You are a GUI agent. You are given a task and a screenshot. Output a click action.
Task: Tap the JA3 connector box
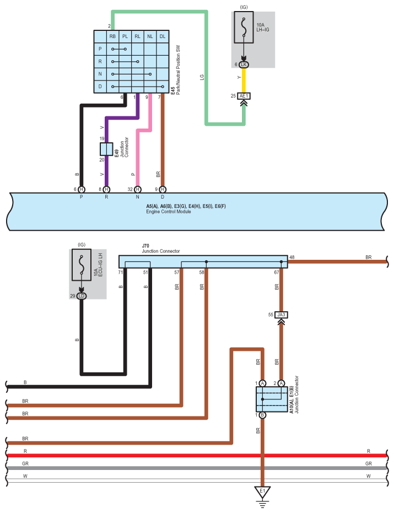[x=281, y=315]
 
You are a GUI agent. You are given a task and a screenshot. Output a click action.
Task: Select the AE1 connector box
[x=244, y=96]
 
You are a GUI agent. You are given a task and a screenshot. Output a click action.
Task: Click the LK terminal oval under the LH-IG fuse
[x=244, y=65]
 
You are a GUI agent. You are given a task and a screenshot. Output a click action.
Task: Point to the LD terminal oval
[x=82, y=296]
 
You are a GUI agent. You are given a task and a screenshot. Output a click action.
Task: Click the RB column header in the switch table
[x=113, y=36]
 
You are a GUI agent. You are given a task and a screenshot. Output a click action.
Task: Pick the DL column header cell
[x=163, y=36]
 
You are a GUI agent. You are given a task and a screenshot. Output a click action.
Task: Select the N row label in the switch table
[x=100, y=74]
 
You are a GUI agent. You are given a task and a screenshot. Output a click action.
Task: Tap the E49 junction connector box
[x=106, y=149]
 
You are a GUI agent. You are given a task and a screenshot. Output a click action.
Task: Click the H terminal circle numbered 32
[x=138, y=189]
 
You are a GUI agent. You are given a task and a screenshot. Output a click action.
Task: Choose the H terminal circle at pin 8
[x=106, y=189]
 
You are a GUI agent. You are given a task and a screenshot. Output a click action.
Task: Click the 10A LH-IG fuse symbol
[x=244, y=27]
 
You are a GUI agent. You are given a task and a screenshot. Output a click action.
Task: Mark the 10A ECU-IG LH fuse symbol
[x=82, y=265]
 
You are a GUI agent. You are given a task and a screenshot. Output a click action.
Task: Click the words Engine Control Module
[x=169, y=212]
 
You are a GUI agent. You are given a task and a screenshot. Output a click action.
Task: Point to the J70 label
[x=145, y=245]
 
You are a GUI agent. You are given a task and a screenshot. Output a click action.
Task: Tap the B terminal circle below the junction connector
[x=262, y=415]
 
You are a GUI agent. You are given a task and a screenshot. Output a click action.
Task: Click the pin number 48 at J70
[x=292, y=257]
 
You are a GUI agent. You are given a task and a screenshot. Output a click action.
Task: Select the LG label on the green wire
[x=202, y=77]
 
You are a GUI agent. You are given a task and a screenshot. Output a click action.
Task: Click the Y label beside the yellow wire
[x=239, y=77]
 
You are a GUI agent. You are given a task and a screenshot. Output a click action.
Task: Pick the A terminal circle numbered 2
[x=281, y=383]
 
